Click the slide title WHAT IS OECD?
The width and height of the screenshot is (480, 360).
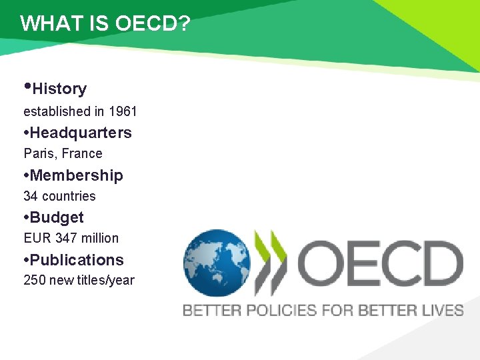(105, 23)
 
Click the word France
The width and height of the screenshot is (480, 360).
(82, 154)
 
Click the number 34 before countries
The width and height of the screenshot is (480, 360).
(31, 196)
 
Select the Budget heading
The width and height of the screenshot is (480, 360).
(57, 217)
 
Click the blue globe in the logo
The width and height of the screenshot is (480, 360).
(216, 263)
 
